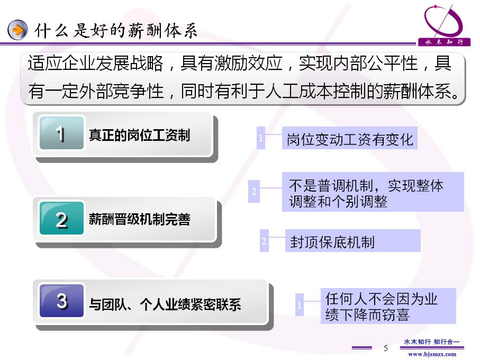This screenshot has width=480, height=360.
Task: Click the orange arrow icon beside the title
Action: [17, 30]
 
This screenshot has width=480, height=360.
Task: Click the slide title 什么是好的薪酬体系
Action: [116, 31]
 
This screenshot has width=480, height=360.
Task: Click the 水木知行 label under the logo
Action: [444, 42]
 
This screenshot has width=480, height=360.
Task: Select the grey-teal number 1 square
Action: [61, 133]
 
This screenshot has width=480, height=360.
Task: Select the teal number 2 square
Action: [61, 218]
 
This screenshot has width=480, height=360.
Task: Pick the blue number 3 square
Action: [61, 301]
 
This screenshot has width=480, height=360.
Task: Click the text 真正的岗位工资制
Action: [139, 135]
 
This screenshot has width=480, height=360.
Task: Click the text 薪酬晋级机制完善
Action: [140, 219]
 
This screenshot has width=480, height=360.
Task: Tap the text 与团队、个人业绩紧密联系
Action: [165, 304]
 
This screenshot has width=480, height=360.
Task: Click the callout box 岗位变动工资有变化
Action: [350, 138]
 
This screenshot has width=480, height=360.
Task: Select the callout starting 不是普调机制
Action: [373, 192]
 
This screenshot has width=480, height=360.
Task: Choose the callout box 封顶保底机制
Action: [352, 240]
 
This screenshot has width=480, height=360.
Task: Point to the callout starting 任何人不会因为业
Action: [388, 306]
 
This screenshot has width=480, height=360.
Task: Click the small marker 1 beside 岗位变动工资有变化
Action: [261, 138]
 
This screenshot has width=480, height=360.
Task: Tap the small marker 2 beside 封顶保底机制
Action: [264, 240]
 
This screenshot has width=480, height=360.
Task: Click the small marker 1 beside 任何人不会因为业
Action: [300, 305]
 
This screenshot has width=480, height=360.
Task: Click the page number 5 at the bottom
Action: [386, 348]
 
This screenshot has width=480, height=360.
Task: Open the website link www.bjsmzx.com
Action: [432, 354]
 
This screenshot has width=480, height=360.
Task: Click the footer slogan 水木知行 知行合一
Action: [432, 341]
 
